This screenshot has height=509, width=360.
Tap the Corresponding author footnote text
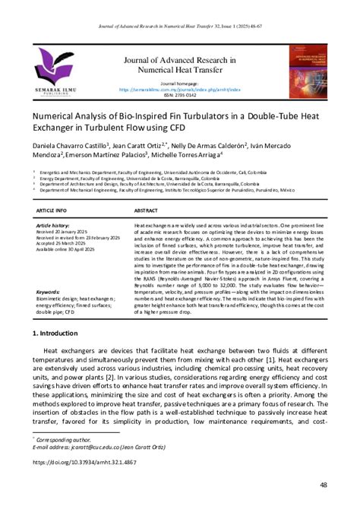[65, 439]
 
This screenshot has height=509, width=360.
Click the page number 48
[324, 484]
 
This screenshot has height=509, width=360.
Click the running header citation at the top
[179, 25]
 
